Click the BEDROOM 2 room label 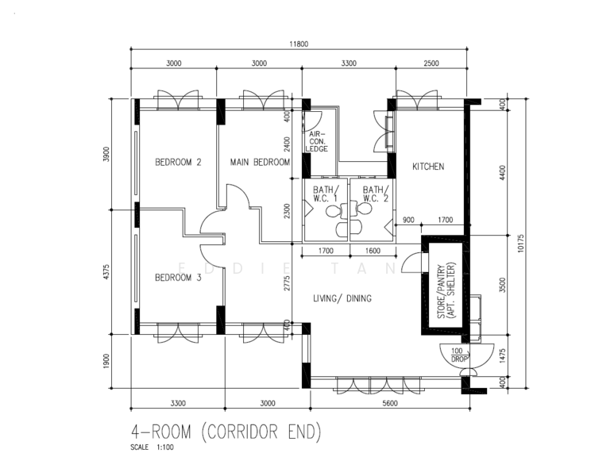178,162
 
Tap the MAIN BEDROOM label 260,162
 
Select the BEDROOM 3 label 178,278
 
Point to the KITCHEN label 428,167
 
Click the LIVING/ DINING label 342,298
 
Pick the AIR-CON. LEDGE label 317,141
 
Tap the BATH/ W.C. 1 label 326,194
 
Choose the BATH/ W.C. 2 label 376,194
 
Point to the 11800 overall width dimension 299,44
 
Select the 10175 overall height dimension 521,243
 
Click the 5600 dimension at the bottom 390,403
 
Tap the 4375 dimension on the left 106,271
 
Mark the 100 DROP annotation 459,355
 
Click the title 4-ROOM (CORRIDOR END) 226,432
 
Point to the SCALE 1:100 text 153,447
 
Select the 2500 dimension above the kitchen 431,63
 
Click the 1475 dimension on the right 502,355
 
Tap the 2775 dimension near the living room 288,283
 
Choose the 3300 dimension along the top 349,63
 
